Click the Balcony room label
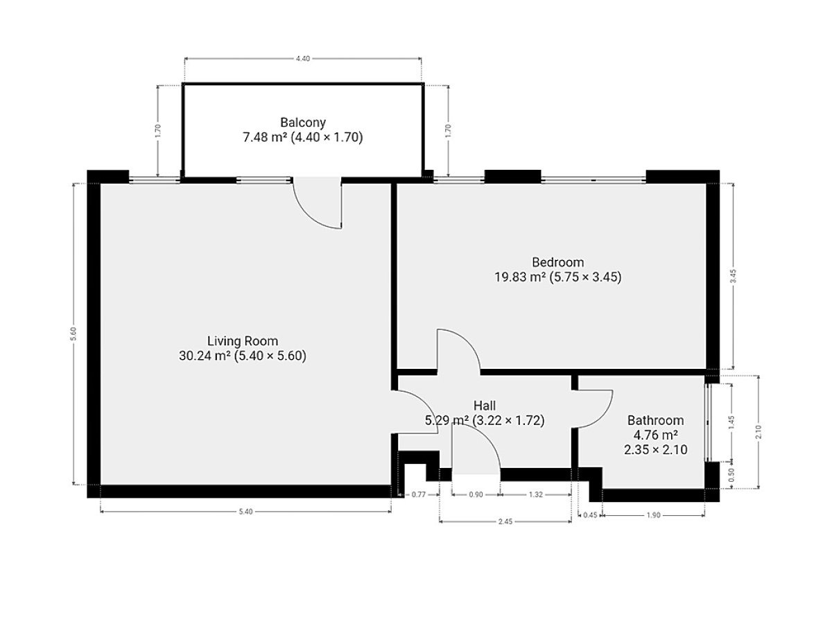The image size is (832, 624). [x=302, y=123]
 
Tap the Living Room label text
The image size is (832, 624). [x=243, y=341]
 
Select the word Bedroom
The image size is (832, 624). [x=557, y=262]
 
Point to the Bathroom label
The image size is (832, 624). [x=655, y=420]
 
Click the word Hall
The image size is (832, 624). [x=485, y=406]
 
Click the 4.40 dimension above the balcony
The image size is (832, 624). [x=302, y=59]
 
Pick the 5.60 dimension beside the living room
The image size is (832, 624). [x=73, y=333]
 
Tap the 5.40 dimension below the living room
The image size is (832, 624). [x=245, y=512]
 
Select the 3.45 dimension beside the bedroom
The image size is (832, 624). [x=734, y=276]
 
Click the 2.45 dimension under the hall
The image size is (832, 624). [x=505, y=521]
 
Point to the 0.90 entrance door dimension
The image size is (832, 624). [x=476, y=494]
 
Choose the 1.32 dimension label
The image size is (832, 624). [x=535, y=494]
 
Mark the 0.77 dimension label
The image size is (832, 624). [x=419, y=494]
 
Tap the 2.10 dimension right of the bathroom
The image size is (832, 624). [x=758, y=432]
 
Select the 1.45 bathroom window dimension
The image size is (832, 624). [x=731, y=422]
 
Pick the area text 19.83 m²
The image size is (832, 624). [x=520, y=277]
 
